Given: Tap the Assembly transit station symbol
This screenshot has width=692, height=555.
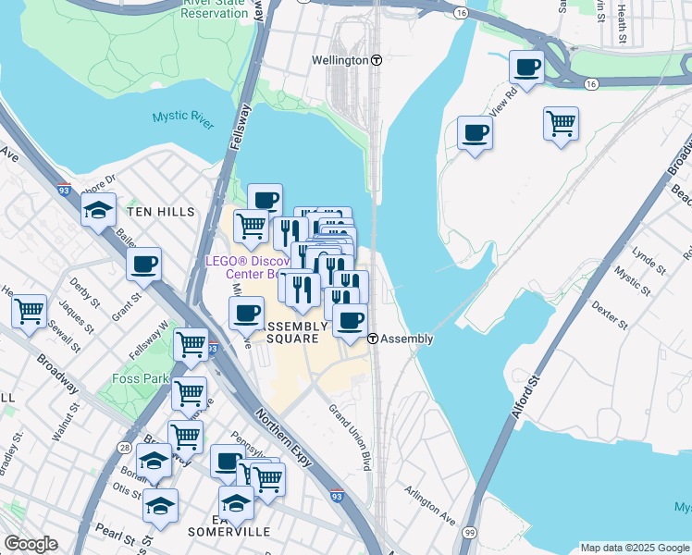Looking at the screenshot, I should [x=373, y=339].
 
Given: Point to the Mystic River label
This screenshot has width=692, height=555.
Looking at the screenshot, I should [x=183, y=117].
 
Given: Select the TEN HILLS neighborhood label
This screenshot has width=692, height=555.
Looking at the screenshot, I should [x=161, y=212].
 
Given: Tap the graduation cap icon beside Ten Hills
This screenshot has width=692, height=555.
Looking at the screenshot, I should [x=98, y=211].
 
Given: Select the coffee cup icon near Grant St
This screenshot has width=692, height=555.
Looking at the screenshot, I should [x=143, y=265].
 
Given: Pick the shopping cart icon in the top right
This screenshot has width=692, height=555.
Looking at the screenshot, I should [x=561, y=122].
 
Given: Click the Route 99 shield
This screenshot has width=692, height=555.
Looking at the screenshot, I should [x=470, y=534].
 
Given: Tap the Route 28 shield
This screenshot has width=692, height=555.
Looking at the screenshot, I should [x=123, y=448].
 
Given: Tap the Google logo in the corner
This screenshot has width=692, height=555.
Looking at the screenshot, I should [x=31, y=544].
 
